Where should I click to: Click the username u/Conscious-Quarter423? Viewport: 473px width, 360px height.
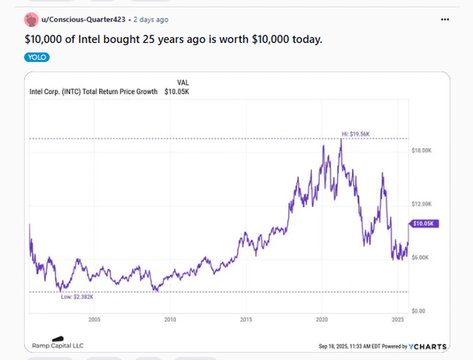(x=84, y=19)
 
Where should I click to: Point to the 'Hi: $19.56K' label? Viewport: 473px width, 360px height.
(x=355, y=134)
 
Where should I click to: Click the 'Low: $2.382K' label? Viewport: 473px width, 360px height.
(x=78, y=296)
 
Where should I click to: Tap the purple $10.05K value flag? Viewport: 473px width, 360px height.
(x=425, y=223)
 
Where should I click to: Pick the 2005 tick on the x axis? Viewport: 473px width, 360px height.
(x=94, y=319)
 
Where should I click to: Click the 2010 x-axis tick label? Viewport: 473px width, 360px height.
(x=170, y=319)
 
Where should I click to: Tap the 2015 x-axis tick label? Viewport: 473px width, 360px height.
(x=246, y=319)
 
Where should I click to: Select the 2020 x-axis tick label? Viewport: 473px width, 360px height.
(x=321, y=319)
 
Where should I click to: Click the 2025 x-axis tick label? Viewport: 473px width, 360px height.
(x=397, y=319)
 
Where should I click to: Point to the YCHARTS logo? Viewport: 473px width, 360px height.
(x=423, y=346)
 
